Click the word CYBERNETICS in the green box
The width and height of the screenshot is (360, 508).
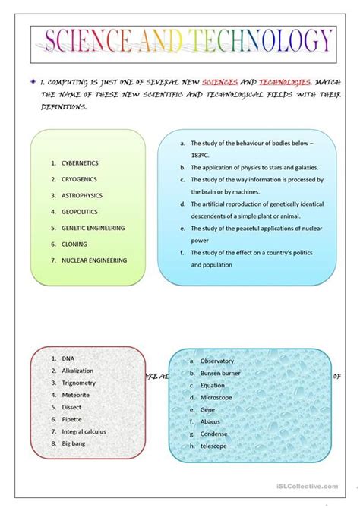click(x=80, y=162)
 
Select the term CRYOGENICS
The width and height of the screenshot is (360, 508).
click(x=79, y=179)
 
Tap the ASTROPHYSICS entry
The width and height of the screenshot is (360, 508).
click(x=82, y=195)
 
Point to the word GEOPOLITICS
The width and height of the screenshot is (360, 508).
click(x=80, y=211)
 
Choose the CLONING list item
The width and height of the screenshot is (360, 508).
click(x=74, y=244)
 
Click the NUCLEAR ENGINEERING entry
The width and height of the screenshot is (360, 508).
click(x=94, y=260)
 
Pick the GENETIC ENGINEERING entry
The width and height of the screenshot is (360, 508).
click(x=93, y=227)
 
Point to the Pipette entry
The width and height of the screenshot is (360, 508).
click(x=73, y=418)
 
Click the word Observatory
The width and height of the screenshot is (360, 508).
click(x=217, y=361)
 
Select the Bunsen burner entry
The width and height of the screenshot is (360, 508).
click(x=221, y=373)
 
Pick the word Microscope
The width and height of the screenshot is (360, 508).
click(x=216, y=397)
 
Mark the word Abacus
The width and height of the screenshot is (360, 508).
click(x=211, y=421)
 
